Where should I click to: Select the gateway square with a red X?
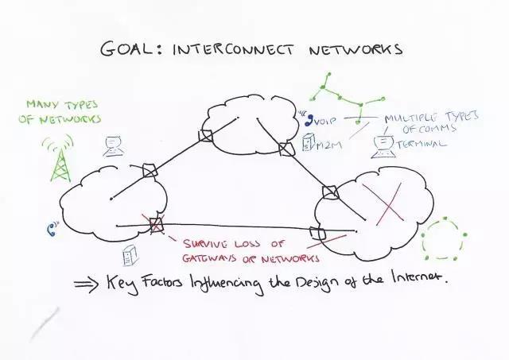tap(156, 224)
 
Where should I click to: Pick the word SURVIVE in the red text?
tap(209, 244)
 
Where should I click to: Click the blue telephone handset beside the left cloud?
tap(50, 230)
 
